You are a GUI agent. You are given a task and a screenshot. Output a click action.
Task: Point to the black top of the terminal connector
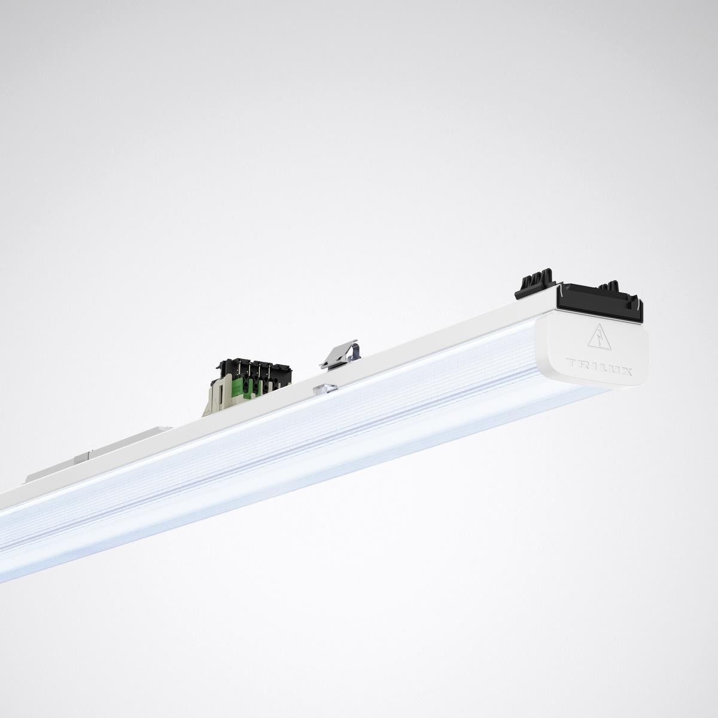[x=251, y=366]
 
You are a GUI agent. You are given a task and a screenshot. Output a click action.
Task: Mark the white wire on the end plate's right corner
[x=640, y=311]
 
